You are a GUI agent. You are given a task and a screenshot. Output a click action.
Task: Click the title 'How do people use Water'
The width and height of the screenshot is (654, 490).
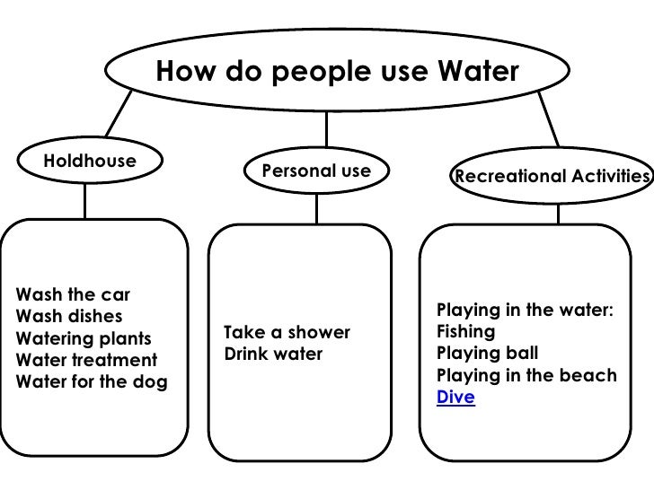point(337,70)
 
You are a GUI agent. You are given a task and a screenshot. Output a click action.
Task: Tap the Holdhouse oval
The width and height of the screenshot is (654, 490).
point(90,162)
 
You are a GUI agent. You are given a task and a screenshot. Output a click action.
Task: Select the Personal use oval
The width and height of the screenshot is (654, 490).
point(315,171)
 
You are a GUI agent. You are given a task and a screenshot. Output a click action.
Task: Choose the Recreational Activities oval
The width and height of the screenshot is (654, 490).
point(552,177)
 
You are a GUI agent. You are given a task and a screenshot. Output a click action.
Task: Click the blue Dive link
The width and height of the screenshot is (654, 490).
point(455,396)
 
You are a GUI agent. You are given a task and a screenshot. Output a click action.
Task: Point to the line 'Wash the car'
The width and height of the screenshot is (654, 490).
point(74,295)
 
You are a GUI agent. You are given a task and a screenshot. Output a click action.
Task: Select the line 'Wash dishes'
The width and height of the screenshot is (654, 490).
point(69,317)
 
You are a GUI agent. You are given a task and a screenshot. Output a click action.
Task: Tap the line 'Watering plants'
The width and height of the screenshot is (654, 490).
point(84,339)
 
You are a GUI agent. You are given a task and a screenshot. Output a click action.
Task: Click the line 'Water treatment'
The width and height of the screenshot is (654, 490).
point(86,361)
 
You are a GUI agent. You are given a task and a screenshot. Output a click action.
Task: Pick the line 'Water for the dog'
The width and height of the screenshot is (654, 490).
point(92,382)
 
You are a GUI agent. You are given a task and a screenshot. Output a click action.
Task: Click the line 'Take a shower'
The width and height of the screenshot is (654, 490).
point(287,333)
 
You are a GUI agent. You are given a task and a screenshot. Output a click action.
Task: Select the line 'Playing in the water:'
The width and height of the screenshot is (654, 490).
point(525,311)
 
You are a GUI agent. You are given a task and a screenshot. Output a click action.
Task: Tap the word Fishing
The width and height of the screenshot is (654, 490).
point(465,332)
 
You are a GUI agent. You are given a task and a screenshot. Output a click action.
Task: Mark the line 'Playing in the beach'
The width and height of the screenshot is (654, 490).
point(526,375)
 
